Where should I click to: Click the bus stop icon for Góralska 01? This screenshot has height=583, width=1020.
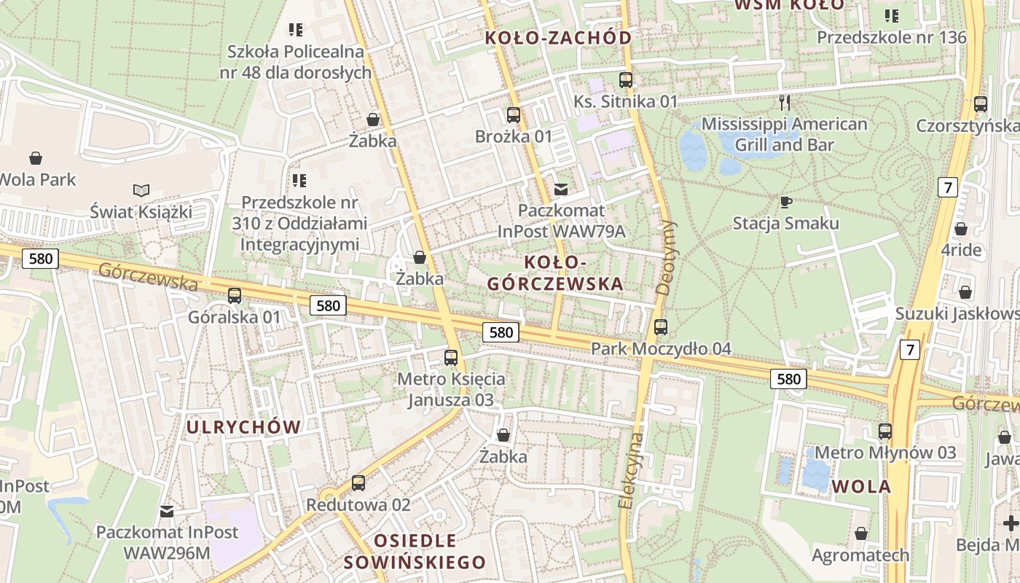pos(235,296)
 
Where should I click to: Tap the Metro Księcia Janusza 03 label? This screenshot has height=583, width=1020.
pos(450,389)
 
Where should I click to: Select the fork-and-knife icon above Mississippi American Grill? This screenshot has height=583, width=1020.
pos(784,102)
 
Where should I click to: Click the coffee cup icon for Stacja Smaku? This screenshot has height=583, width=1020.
pos(785,202)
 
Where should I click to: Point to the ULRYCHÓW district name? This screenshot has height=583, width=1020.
pos(243,427)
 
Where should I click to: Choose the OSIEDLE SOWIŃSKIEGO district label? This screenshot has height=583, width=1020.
pos(415,552)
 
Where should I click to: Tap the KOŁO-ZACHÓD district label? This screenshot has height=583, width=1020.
pos(559,38)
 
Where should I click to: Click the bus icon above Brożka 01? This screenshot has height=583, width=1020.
pos(514,115)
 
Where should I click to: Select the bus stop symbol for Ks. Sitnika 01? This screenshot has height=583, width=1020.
pos(626,80)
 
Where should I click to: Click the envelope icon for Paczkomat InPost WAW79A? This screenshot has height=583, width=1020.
pos(561,189)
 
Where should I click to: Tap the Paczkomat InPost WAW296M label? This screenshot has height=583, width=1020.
pos(167,542)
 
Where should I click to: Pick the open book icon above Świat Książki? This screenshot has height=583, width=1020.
pos(141,191)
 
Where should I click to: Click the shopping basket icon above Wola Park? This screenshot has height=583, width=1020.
pos(36,158)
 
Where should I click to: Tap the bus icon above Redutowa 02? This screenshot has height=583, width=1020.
pos(358,483)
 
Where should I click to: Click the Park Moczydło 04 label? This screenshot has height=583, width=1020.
pos(660,348)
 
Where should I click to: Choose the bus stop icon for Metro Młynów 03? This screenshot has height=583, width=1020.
pos(885,431)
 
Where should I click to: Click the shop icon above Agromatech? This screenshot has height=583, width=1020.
pos(861,534)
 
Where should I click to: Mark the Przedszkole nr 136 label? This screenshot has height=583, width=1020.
pos(891,37)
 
